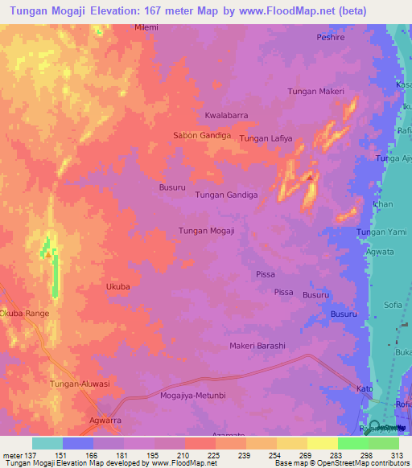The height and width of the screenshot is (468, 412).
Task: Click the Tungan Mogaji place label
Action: click(x=206, y=231)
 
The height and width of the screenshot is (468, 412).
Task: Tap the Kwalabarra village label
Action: click(x=225, y=115)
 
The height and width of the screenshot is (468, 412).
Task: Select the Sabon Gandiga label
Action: click(x=202, y=136)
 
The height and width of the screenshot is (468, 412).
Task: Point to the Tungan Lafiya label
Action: click(x=266, y=139)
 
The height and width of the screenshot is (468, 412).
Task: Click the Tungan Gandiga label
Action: click(x=226, y=195)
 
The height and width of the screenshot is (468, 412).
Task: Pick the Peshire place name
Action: click(x=330, y=37)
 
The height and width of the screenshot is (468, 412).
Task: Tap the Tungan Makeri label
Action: click(x=315, y=92)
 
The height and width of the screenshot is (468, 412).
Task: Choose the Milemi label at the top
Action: click(x=146, y=27)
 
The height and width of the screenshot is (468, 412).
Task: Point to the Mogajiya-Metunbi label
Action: click(x=198, y=396)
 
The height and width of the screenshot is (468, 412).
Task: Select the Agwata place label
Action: click(x=380, y=252)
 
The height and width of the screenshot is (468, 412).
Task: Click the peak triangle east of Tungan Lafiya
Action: click(x=310, y=176)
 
